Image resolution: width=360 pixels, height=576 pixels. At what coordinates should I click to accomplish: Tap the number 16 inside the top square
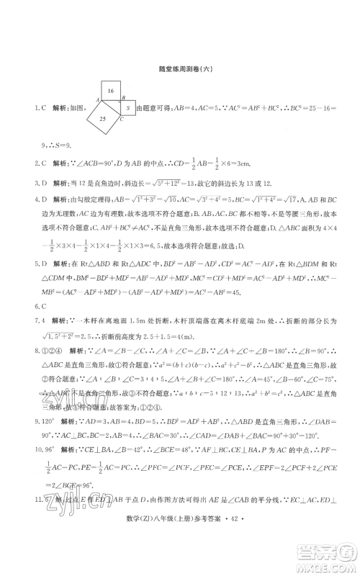pyautogui.click(x=111, y=92)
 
